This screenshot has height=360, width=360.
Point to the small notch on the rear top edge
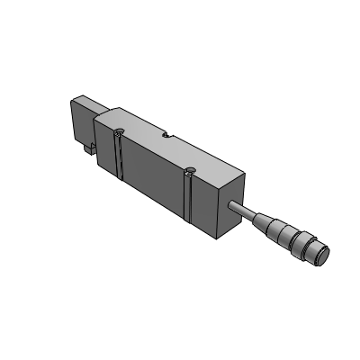pos(166,137)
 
